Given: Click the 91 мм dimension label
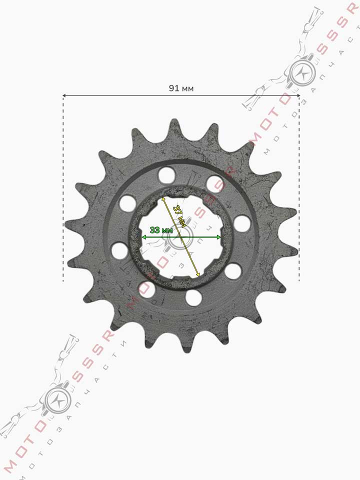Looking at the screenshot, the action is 181,88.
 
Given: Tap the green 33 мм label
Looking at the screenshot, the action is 161,230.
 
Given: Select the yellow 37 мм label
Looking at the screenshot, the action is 179,216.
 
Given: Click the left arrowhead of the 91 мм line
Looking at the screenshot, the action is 64,96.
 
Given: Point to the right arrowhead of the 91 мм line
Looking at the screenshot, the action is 298,96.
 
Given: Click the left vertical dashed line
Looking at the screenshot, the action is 63,188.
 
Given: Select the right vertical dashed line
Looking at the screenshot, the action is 299,188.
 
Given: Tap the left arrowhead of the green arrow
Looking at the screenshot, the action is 143,237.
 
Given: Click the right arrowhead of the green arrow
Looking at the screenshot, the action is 218,237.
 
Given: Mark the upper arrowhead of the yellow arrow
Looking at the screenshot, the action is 163,198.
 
